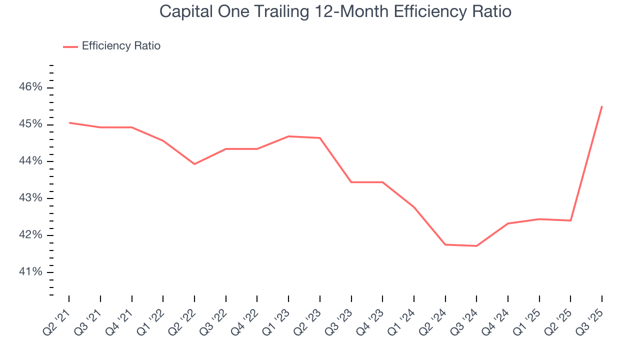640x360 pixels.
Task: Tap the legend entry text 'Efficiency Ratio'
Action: (x=121, y=46)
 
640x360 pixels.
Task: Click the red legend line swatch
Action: (x=70, y=46)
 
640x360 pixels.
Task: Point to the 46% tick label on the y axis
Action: (x=30, y=87)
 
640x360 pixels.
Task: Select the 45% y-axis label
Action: (x=30, y=124)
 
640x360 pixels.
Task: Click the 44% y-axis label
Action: (x=30, y=161)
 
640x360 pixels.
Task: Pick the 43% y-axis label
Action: (x=30, y=198)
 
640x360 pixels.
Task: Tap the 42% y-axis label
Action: (x=30, y=235)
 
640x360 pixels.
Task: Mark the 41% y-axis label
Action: (x=30, y=272)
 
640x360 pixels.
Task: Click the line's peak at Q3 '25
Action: (x=601, y=106)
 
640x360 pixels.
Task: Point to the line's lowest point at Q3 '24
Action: (x=476, y=246)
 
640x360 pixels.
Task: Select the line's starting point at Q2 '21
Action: (x=69, y=122)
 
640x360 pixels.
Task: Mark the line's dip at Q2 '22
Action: (x=194, y=164)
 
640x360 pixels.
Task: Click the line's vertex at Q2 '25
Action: (x=570, y=220)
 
